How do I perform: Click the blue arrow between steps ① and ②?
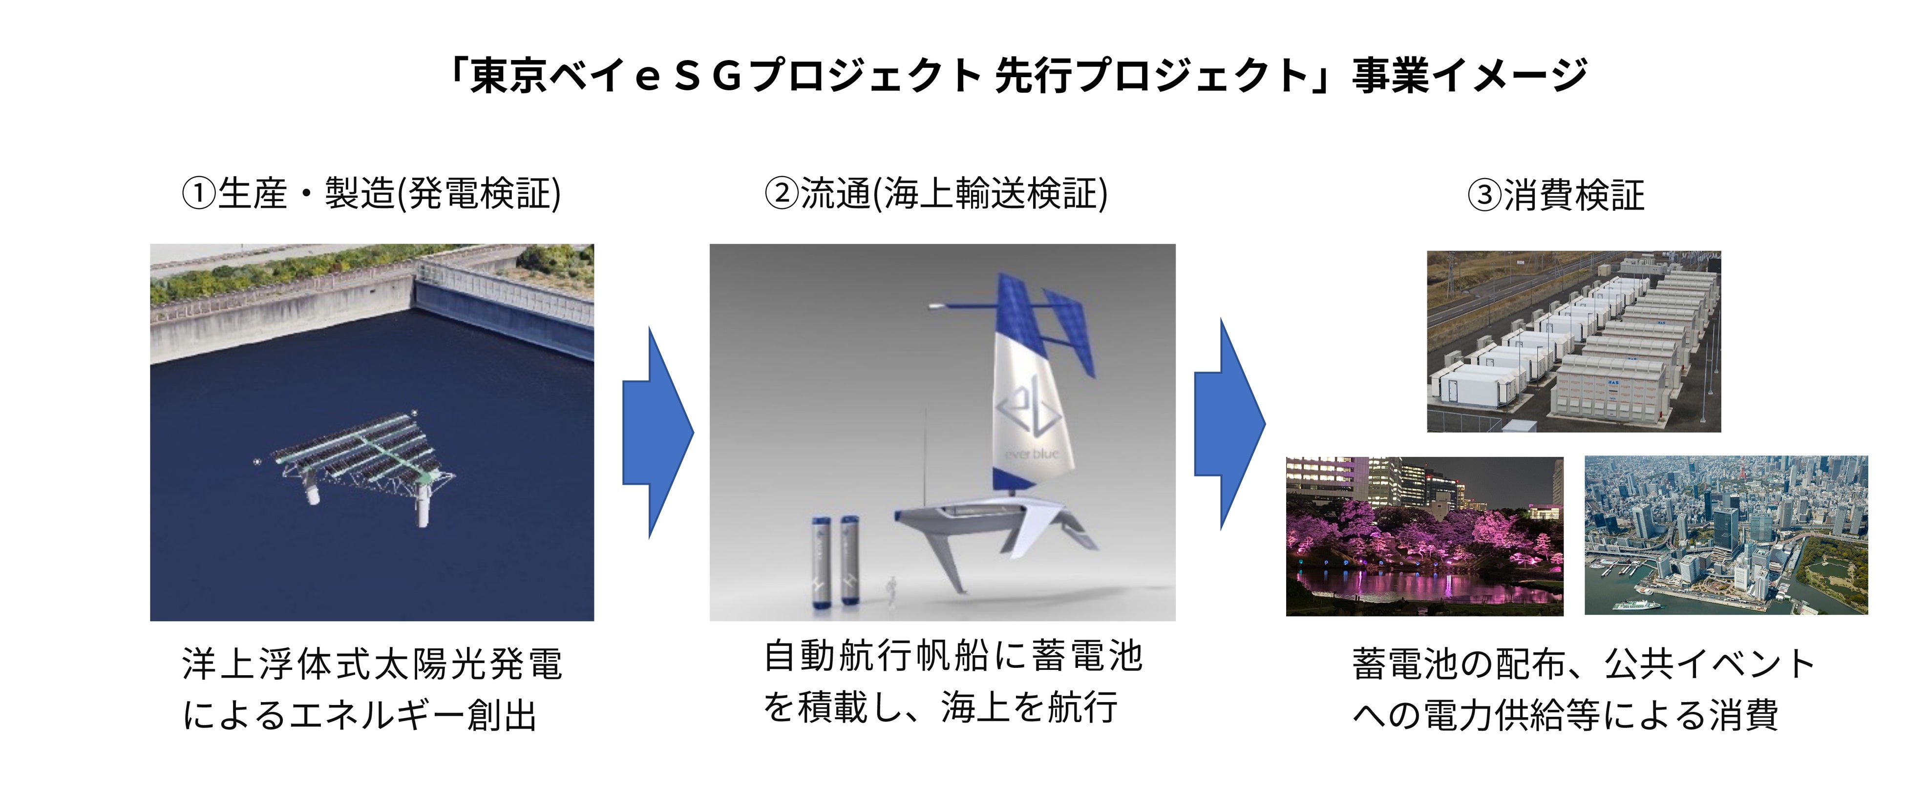(x=658, y=433)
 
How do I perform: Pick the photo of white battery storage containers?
(x=1574, y=342)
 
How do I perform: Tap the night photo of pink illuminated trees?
(x=1424, y=536)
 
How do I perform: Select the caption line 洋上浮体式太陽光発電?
(x=373, y=664)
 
